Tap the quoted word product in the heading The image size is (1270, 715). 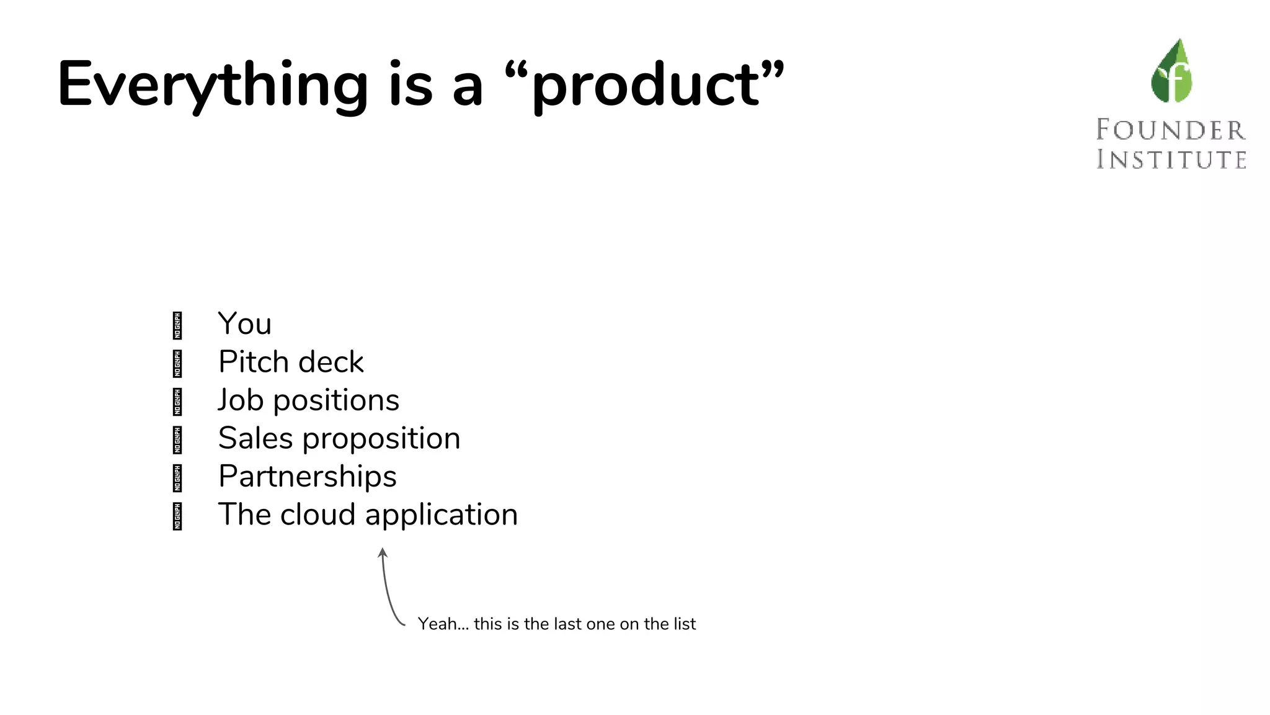(645, 85)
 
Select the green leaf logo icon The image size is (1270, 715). (1171, 71)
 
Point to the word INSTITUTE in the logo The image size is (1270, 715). (1171, 160)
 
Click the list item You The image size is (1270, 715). (245, 324)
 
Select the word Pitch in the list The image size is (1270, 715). (254, 362)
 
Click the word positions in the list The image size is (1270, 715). (337, 400)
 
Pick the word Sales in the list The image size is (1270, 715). (255, 438)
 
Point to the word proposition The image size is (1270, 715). (381, 439)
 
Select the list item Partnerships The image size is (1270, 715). (308, 477)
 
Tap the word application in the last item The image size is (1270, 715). (442, 516)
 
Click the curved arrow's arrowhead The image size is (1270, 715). (383, 552)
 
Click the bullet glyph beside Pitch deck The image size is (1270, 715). (177, 364)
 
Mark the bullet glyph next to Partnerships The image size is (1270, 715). (177, 478)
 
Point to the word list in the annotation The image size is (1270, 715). (684, 624)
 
